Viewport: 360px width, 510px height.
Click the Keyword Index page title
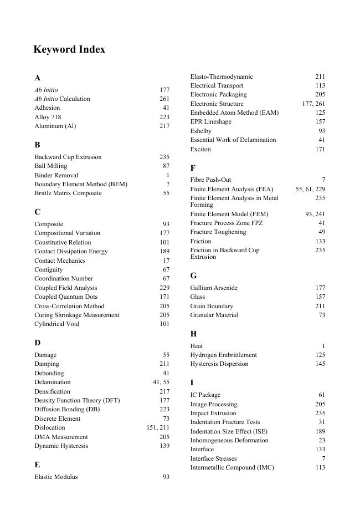coord(69,49)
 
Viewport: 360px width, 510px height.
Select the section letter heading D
coord(37,343)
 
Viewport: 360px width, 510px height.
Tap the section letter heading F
coord(193,167)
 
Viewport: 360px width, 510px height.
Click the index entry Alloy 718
coord(48,117)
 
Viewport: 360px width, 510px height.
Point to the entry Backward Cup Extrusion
coord(68,157)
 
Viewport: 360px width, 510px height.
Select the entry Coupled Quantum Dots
coord(65,297)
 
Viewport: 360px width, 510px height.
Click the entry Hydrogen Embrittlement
coord(223,355)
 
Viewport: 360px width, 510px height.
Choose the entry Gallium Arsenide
coord(214,288)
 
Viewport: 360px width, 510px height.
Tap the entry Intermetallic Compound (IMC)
coord(232,467)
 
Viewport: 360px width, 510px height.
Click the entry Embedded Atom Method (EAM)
coord(234,113)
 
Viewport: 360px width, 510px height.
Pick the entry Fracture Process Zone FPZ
coord(227,223)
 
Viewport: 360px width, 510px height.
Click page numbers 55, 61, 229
coord(310,189)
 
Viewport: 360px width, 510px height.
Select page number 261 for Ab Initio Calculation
coord(164,99)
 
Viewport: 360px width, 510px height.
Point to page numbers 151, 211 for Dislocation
coord(158,427)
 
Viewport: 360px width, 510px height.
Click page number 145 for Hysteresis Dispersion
coord(320,364)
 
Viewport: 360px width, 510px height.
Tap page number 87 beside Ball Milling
coord(166,166)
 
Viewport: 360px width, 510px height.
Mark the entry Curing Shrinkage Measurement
coord(77,315)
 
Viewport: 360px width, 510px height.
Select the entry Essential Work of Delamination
coord(233,140)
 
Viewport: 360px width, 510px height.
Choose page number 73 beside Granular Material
coord(322,315)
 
